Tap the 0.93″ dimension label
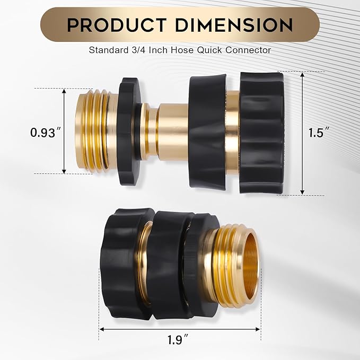pyautogui.click(x=43, y=133)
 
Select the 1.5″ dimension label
pyautogui.click(x=316, y=133)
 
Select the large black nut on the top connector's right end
pyautogui.click(x=261, y=133)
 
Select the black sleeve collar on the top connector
pyautogui.click(x=208, y=130)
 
